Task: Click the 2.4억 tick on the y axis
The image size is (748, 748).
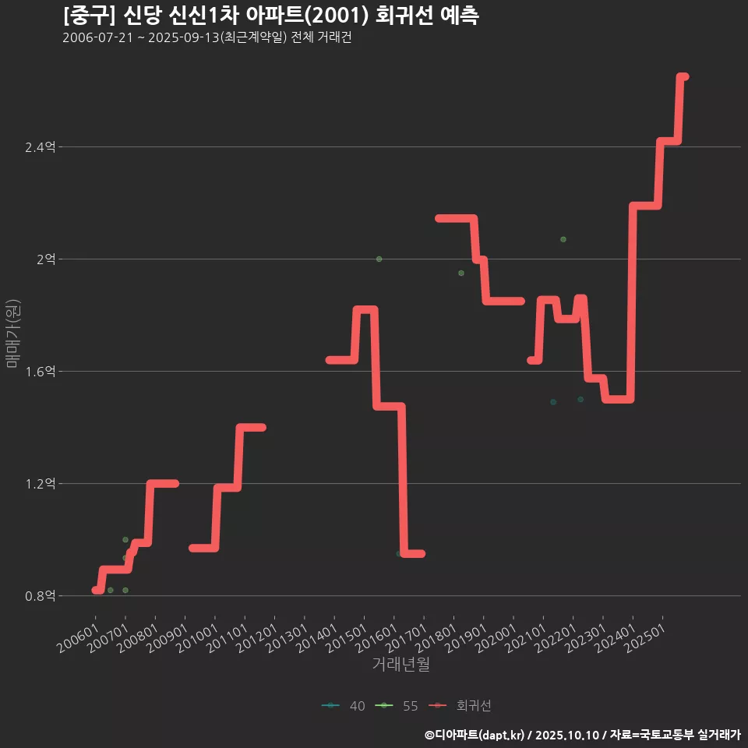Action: [x=41, y=147]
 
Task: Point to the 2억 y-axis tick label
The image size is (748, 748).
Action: [x=46, y=259]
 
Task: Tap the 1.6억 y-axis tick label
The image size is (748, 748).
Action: [x=41, y=372]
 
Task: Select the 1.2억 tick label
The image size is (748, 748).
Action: [x=41, y=484]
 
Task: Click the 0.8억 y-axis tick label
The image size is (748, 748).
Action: [x=41, y=596]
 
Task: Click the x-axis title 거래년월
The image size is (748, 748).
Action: [x=400, y=665]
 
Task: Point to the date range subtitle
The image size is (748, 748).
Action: [x=206, y=38]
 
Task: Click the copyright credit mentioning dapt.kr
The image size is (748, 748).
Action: [x=582, y=735]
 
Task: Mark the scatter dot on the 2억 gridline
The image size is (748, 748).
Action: [x=379, y=259]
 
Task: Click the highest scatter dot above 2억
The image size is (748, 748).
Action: [x=563, y=239]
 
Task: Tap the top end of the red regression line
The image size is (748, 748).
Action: [x=683, y=76]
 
